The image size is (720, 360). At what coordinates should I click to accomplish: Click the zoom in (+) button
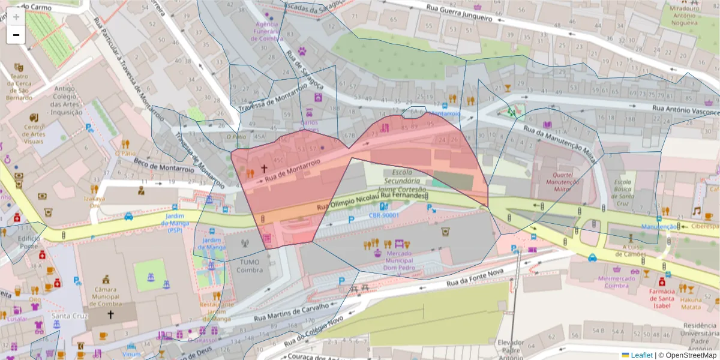[x=16, y=17]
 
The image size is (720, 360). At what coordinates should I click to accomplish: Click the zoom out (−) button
[x=16, y=35]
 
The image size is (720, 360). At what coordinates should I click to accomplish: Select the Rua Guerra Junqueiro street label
[x=459, y=13]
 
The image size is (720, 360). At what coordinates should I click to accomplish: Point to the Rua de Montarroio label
[x=290, y=167]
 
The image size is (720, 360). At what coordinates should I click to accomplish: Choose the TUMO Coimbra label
[x=250, y=266]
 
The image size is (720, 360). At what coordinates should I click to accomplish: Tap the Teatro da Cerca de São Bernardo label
[x=19, y=86]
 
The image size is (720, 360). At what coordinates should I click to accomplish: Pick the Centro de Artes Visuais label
[x=34, y=134]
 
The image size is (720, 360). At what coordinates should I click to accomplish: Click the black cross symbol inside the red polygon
[x=263, y=170]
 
